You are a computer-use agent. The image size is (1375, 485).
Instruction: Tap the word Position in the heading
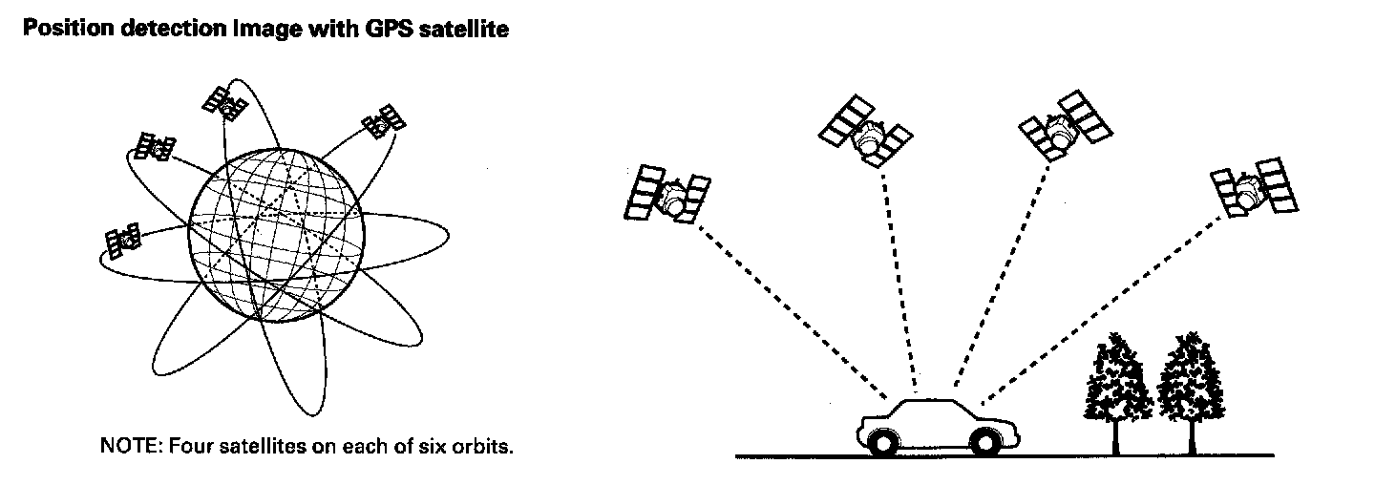click(x=59, y=30)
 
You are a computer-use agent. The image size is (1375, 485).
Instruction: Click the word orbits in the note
click(x=486, y=446)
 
